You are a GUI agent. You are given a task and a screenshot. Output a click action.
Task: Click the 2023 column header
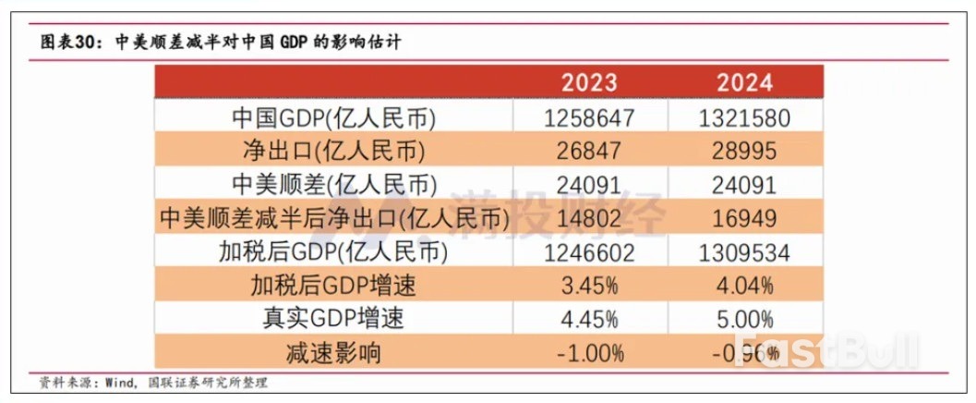(x=589, y=82)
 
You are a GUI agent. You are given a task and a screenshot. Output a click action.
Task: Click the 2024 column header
(x=744, y=82)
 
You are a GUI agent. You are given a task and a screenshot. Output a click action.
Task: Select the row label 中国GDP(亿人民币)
(x=333, y=117)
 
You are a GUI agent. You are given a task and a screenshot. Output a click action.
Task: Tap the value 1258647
(x=589, y=117)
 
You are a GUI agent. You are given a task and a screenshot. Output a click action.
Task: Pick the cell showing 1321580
(x=744, y=117)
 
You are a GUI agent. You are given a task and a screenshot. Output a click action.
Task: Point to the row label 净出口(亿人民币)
(x=333, y=151)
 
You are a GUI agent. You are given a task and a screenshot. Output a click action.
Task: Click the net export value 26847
(x=589, y=151)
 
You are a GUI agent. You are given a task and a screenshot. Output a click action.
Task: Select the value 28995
(x=744, y=151)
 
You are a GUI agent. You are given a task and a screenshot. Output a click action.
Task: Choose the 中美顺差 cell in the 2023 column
(x=589, y=184)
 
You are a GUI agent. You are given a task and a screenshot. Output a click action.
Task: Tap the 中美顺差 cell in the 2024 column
(x=744, y=184)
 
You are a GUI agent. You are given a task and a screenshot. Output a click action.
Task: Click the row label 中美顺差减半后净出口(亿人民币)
(x=333, y=218)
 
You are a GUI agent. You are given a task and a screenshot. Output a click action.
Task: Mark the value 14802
(x=589, y=218)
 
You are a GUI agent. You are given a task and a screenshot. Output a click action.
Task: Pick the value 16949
(x=744, y=218)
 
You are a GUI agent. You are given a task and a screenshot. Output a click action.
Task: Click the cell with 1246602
(x=589, y=251)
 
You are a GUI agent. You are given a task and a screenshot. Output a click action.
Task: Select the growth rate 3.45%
(x=589, y=285)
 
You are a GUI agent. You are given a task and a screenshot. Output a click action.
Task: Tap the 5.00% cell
(x=744, y=319)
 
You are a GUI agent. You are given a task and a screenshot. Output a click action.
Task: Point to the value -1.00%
(x=589, y=352)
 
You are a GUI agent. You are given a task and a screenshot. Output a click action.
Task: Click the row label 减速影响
(x=333, y=352)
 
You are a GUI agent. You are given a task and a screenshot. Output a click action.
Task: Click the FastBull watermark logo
(x=827, y=351)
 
